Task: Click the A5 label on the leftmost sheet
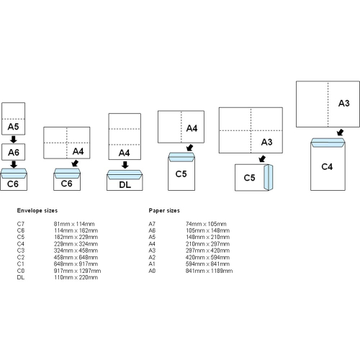[13, 127]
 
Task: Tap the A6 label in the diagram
[13, 152]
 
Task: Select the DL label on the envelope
[124, 184]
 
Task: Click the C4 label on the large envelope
[326, 166]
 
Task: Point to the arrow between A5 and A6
[13, 140]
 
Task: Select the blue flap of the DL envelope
[123, 173]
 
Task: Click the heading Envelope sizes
[37, 212]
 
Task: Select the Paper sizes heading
[165, 212]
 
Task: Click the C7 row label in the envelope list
[21, 224]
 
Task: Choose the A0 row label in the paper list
[151, 271]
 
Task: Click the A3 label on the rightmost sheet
[344, 104]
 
